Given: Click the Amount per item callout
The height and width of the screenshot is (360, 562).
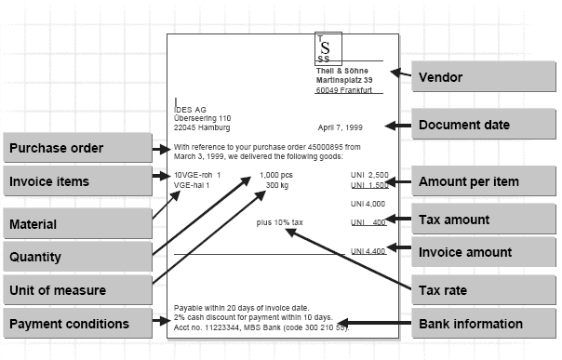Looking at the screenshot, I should coord(480,180).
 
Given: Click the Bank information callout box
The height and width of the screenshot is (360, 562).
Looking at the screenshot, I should coord(480,323).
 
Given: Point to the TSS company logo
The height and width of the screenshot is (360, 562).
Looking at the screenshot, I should coord(324,47).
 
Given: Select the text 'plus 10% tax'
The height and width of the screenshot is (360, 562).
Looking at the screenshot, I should coord(280,222).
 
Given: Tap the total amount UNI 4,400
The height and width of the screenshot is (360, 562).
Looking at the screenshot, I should coord(368,251).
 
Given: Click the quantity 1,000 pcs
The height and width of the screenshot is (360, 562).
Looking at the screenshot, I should coord(276,175).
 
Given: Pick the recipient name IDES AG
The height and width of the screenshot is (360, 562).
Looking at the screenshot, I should coord(192,108).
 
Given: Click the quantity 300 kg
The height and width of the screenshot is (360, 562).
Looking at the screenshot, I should coord(277,185).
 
